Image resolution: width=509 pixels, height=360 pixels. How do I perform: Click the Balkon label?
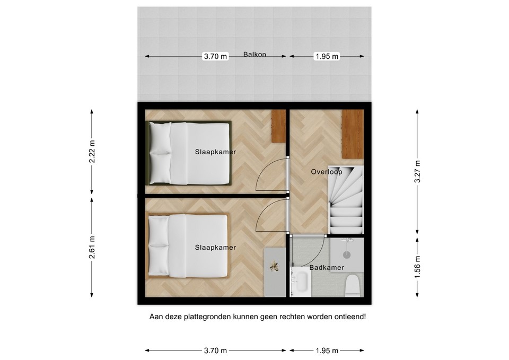(x=254, y=54)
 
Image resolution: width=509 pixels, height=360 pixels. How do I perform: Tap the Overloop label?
(x=326, y=172)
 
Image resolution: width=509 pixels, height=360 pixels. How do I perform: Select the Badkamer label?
(x=327, y=268)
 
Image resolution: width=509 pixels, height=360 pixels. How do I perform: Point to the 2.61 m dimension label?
(x=92, y=247)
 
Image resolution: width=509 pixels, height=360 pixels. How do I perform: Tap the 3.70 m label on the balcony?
(x=215, y=57)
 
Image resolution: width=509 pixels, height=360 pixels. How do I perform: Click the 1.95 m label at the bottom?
(x=327, y=350)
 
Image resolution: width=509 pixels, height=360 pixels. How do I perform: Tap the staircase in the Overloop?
(x=346, y=200)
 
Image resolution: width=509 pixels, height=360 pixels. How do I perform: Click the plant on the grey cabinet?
(x=274, y=267)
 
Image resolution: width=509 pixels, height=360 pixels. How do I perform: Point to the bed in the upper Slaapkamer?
(x=189, y=153)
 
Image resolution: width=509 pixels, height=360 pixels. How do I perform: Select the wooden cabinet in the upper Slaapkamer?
(x=278, y=126)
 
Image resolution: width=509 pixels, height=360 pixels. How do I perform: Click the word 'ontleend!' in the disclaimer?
(x=349, y=317)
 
